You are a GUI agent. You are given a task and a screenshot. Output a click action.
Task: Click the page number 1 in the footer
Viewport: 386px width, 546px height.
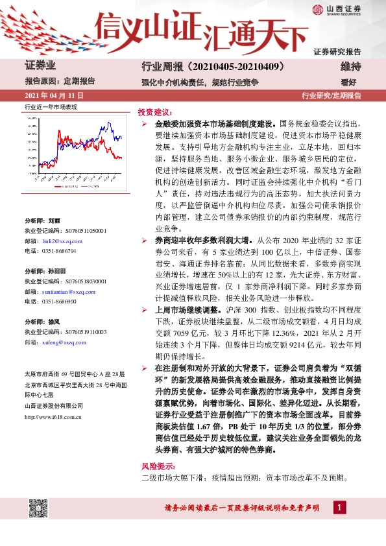coord(338,506)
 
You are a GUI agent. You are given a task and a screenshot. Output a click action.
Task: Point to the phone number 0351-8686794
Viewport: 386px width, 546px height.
coord(59,250)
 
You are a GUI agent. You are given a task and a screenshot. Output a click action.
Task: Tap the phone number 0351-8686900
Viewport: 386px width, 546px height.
coord(59,302)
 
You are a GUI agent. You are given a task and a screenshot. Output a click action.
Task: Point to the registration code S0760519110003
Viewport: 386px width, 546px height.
coord(84,332)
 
